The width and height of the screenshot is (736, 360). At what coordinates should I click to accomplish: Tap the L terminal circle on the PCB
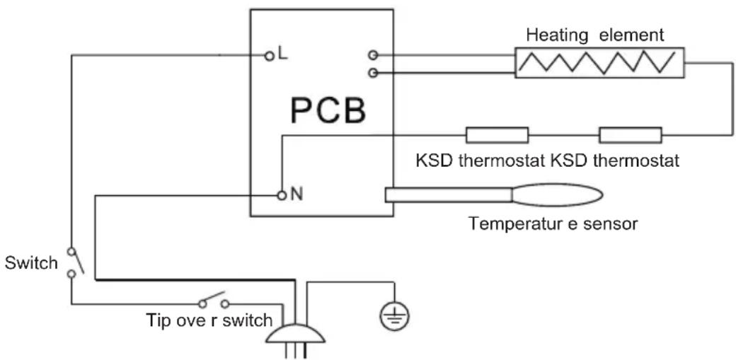[x=269, y=54]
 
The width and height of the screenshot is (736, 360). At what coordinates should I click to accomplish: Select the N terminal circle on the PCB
[x=281, y=194]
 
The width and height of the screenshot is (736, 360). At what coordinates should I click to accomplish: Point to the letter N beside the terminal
[x=296, y=194]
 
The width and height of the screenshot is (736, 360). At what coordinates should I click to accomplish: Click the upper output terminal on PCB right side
[x=372, y=54]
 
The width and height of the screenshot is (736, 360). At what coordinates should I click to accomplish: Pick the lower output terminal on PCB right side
[x=372, y=72]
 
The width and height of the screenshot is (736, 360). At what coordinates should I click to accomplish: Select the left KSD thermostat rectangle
[x=497, y=134]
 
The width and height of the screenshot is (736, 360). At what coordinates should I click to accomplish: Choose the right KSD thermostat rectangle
[x=631, y=134]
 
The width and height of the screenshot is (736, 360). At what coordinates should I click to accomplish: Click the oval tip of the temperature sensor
[x=558, y=194]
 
